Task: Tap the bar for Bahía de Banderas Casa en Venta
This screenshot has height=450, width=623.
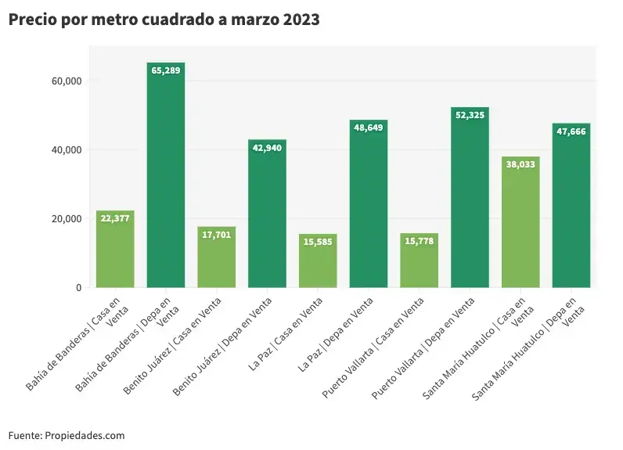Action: (115, 250)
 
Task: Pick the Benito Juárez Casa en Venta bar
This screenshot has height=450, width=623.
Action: (217, 258)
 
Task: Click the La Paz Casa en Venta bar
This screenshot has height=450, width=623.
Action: (318, 262)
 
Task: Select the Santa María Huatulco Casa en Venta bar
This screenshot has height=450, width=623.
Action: (520, 223)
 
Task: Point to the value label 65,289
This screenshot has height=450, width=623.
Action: (166, 70)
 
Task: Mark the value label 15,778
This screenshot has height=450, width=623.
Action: (419, 240)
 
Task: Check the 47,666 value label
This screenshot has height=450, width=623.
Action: (571, 131)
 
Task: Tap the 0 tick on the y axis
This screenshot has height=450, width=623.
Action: (78, 287)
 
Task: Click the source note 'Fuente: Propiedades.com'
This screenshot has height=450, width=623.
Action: (67, 435)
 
